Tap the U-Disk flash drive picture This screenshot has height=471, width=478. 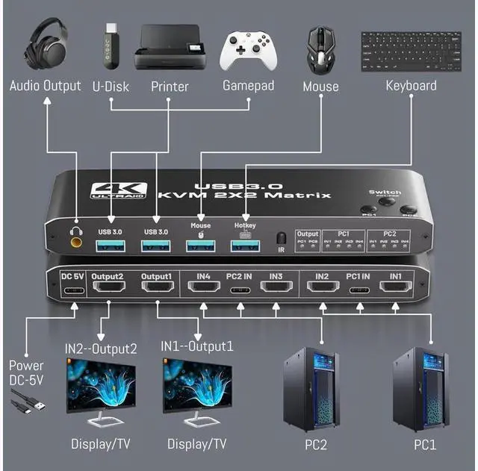pyautogui.click(x=111, y=46)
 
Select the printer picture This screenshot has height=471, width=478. pyautogui.click(x=170, y=47)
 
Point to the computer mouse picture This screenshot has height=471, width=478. pyautogui.click(x=320, y=49)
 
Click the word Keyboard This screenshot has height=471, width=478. pyautogui.click(x=411, y=85)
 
